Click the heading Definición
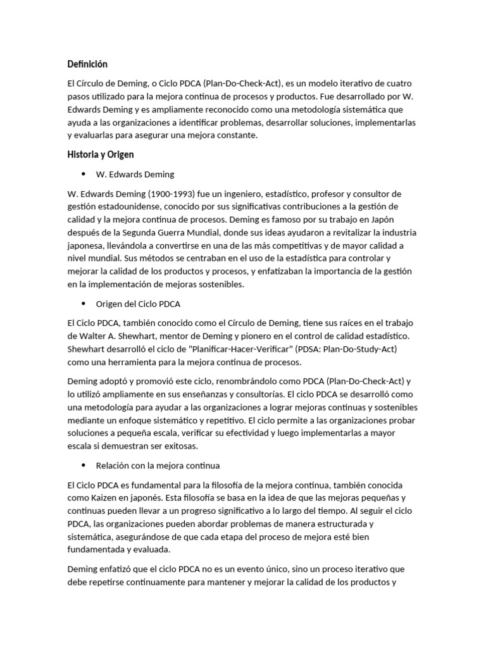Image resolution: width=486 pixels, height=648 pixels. pos(87,65)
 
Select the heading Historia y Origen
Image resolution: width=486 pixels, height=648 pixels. pos(101,154)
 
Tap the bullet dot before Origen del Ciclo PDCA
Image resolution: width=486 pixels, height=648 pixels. pos(84,304)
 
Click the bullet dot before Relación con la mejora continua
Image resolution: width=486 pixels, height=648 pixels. pos(84,465)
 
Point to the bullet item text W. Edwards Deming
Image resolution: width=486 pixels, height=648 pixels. pos(135,174)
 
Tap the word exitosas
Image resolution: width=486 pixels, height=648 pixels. pos(180,445)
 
